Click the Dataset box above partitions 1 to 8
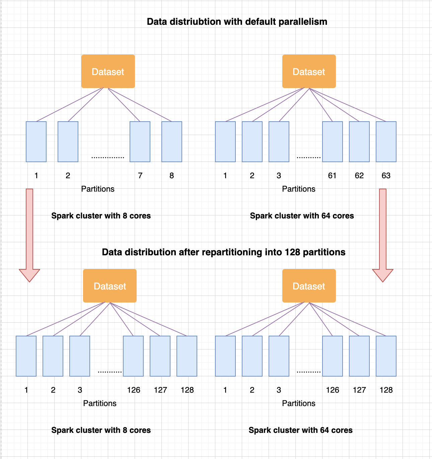point(108,71)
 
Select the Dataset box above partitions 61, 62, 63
point(309,71)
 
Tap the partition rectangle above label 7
point(140,141)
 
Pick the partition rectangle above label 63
point(386,141)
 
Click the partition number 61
point(332,176)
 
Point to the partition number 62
point(359,176)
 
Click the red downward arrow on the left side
point(29,235)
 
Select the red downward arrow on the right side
point(383,235)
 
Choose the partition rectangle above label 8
point(172,141)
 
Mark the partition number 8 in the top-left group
point(172,176)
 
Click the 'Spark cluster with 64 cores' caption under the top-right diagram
point(302,216)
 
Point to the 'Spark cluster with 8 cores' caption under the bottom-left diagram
point(101,430)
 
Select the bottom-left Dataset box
point(110,286)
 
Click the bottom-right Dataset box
point(309,286)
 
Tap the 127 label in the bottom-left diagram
point(160,390)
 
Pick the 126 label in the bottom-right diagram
point(333,390)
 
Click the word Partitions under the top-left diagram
point(98,189)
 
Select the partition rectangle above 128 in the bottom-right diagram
point(386,356)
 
